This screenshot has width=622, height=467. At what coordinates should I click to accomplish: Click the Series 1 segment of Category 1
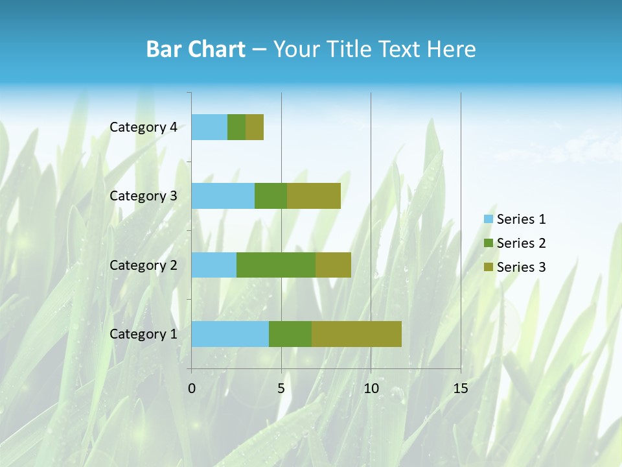(230, 333)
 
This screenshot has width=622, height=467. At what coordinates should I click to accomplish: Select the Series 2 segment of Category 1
(290, 333)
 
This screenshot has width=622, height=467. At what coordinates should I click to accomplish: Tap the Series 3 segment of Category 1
(356, 333)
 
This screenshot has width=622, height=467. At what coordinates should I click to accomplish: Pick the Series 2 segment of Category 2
(276, 265)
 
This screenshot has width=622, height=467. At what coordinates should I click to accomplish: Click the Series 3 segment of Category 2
(333, 265)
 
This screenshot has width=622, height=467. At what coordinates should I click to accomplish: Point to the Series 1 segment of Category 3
(223, 196)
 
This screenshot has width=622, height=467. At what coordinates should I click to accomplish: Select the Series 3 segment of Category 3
(314, 196)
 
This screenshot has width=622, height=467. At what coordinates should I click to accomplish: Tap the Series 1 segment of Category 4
(209, 127)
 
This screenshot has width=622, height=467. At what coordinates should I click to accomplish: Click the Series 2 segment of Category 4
(236, 127)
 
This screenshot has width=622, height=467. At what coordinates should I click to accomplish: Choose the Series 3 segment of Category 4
(255, 127)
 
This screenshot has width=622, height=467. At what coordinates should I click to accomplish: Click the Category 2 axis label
(143, 265)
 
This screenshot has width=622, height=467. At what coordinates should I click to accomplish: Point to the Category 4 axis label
(143, 127)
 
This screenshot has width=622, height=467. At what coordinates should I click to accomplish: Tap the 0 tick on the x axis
(192, 389)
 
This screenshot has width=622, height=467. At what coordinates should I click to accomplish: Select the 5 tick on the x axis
(281, 389)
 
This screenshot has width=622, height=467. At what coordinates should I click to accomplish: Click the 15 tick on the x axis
(460, 389)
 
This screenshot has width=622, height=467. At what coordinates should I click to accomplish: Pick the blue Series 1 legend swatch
(488, 219)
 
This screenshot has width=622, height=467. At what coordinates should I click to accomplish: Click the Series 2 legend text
(521, 243)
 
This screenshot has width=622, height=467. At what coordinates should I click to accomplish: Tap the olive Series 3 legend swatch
(488, 267)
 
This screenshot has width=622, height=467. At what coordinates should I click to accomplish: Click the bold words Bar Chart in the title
(195, 49)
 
